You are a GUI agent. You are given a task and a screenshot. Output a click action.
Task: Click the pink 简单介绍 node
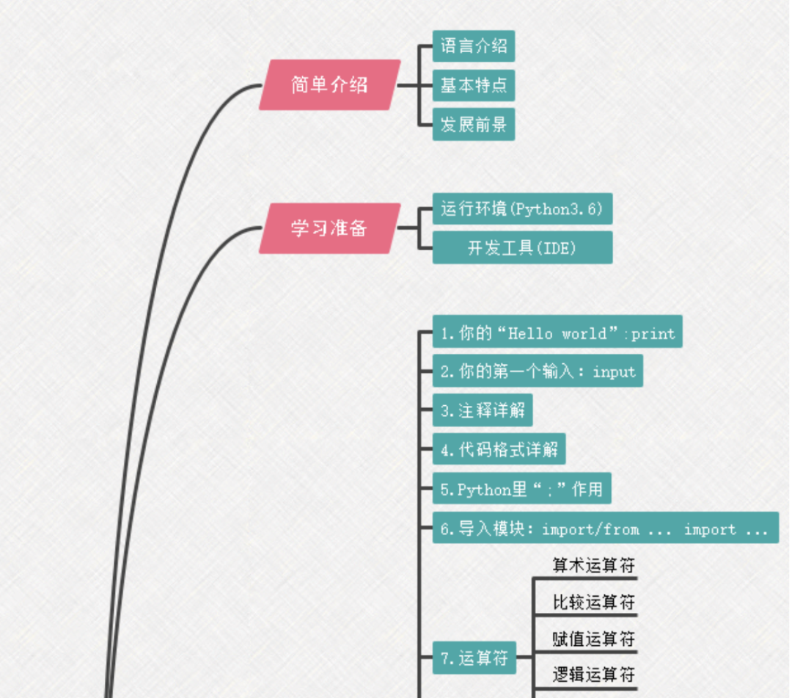[330, 85]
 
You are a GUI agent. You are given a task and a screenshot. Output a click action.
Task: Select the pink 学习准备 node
[330, 228]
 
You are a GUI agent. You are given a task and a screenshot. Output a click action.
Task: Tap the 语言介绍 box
[473, 47]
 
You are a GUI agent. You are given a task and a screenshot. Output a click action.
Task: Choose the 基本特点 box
[473, 86]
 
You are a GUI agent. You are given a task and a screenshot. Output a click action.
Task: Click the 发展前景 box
[473, 125]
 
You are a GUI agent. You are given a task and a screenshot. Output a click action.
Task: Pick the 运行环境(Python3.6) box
[521, 209]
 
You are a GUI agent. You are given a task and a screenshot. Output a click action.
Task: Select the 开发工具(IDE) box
[521, 248]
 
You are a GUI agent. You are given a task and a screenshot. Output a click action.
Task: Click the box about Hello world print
[557, 333]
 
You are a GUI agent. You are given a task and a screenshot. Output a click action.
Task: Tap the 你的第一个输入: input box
[537, 371]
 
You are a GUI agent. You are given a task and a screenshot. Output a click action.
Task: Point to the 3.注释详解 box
[482, 410]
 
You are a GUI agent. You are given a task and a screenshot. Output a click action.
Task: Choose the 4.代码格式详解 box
[499, 448]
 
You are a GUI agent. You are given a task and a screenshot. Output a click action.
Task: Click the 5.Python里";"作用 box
[521, 489]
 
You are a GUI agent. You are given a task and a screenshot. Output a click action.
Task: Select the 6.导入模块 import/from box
[604, 528]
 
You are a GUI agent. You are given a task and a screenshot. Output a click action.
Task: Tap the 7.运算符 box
[474, 658]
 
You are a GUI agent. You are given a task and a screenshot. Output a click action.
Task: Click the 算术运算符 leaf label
[593, 565]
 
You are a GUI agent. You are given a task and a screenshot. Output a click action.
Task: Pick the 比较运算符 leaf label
[593, 603]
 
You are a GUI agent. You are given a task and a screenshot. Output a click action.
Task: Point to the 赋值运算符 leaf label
[593, 639]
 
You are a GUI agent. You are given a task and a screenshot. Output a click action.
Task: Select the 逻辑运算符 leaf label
[593, 675]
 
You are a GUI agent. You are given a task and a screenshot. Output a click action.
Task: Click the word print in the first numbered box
[653, 334]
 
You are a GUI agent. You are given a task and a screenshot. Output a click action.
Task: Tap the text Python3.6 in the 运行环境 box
[557, 209]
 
